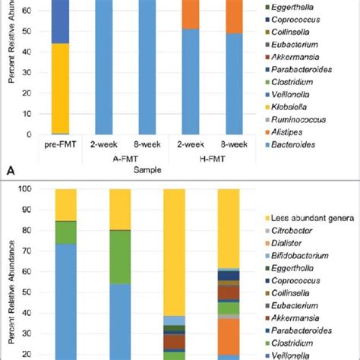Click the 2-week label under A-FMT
[103, 144]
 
